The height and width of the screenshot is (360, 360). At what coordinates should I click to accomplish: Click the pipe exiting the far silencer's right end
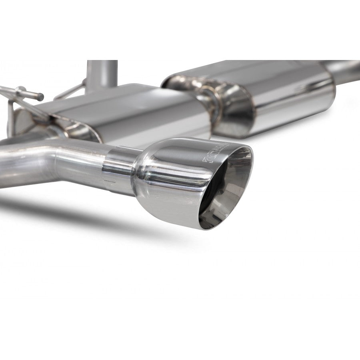pyautogui.click(x=346, y=68)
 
